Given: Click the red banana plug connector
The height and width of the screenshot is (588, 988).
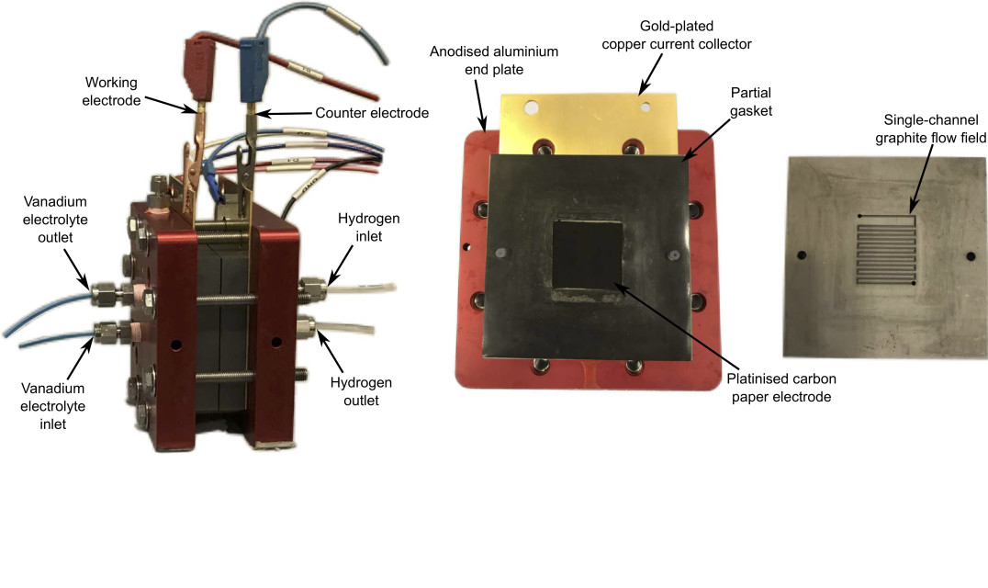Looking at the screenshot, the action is (200, 70).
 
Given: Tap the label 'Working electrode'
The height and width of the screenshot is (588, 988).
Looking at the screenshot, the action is (111, 91).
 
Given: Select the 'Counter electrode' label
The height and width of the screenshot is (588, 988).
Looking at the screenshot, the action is (372, 113).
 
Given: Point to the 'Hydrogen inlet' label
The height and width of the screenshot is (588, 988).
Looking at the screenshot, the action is (368, 227).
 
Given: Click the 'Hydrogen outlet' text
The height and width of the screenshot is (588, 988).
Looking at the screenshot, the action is (361, 391).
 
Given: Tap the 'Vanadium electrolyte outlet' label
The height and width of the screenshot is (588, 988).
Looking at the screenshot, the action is (55, 220).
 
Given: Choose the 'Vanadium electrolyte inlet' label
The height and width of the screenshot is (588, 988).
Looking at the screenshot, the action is (53, 406).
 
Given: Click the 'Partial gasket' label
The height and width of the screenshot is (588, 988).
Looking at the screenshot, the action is (751, 101).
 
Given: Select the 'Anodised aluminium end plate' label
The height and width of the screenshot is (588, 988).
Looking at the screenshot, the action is (494, 61).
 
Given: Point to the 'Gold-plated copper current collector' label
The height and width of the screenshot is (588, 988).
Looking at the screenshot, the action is (677, 35).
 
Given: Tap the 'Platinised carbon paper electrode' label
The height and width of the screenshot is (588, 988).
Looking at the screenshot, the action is (781, 388).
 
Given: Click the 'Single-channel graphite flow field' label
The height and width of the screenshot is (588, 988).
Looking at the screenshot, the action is (931, 129).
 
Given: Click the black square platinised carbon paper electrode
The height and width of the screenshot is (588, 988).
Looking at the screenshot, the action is (588, 260).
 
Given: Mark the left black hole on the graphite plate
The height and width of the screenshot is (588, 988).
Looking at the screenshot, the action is (802, 255).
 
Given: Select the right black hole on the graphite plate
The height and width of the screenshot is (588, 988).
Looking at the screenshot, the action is (971, 256).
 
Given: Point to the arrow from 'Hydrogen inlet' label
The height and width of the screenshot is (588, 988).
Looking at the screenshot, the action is (340, 264).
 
